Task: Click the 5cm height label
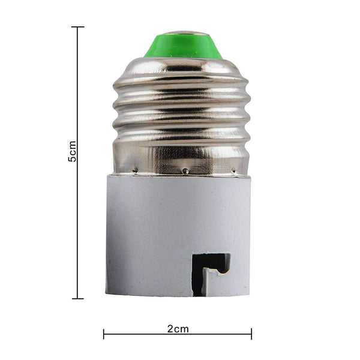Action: pos(73,151)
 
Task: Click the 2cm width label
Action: pos(178,329)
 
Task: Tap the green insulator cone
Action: pos(183,47)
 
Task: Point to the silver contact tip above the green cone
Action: pos(183,32)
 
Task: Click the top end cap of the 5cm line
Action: pos(77,27)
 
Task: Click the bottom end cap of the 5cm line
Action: pos(77,298)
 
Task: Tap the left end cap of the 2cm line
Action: pos(104,334)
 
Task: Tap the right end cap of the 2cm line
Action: pos(251,334)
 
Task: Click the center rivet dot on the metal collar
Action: pos(185,171)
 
